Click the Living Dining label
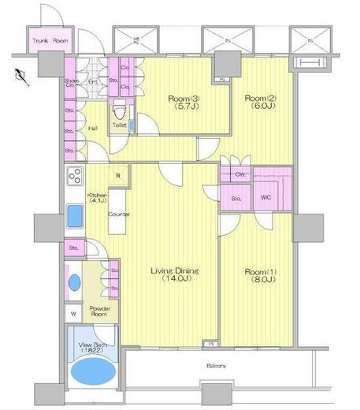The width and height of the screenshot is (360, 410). (x=175, y=275)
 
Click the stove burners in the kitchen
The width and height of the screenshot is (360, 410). (x=76, y=175)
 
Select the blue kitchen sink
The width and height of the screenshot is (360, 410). (x=76, y=214)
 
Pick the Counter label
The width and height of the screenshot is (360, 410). (x=119, y=214)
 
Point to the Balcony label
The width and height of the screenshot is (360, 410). (x=217, y=367)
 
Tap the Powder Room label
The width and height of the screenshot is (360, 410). (x=99, y=310)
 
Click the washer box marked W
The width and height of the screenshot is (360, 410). (x=73, y=313)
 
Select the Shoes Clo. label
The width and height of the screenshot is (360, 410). (x=71, y=84)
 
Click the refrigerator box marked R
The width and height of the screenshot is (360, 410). (x=117, y=176)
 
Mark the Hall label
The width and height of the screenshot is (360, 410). (x=92, y=129)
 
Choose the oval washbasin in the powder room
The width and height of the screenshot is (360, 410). (x=74, y=281)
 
